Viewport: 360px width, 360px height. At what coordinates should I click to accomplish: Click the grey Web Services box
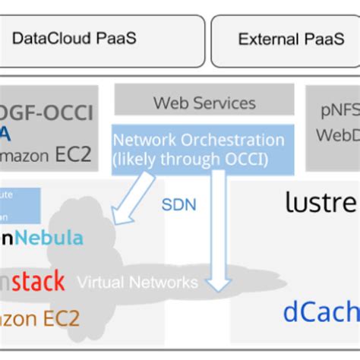[204, 100]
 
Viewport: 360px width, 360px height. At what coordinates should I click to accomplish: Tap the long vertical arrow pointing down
[219, 228]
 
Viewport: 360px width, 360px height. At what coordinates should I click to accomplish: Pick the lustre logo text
[321, 202]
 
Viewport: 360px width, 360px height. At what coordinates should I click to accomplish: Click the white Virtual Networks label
[137, 283]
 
